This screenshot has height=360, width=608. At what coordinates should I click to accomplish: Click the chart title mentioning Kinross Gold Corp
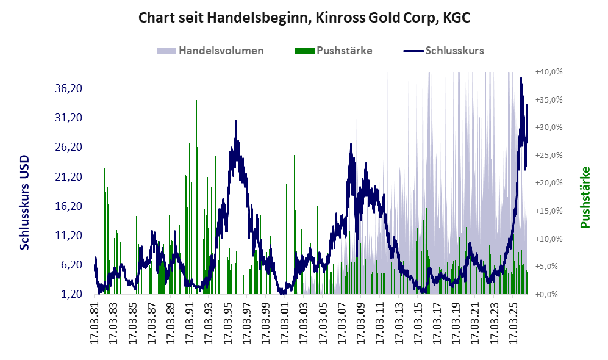[304, 18]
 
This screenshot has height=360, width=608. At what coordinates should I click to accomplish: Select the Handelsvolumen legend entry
[210, 51]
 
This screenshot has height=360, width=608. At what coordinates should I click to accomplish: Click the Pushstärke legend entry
[334, 51]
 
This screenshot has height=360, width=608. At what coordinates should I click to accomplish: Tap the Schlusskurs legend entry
[443, 51]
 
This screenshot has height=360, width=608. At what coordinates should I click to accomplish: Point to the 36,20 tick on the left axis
[69, 88]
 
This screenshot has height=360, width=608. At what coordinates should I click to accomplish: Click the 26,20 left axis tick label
[69, 147]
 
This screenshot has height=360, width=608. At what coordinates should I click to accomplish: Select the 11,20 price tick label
[69, 236]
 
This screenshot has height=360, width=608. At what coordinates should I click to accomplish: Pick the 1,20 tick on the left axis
[72, 294]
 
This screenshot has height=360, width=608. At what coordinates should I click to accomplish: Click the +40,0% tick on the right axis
[549, 72]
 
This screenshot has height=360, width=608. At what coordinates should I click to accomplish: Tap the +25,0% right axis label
[549, 155]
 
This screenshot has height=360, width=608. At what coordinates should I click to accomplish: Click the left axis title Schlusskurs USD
[24, 203]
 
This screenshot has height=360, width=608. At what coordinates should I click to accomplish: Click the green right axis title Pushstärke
[585, 198]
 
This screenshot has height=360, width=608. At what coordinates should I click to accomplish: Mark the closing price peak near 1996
[235, 121]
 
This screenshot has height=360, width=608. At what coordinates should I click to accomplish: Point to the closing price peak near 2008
[351, 144]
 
